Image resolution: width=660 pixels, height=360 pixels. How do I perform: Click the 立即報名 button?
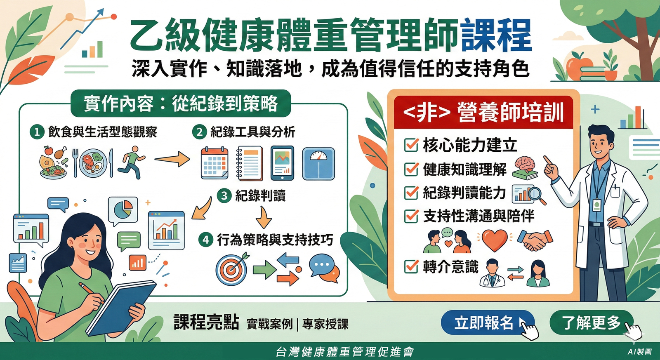pyautogui.click(x=485, y=322)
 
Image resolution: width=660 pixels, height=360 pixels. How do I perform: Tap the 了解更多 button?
pyautogui.click(x=591, y=322)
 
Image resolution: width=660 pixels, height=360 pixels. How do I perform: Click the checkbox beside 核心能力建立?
pyautogui.click(x=411, y=145)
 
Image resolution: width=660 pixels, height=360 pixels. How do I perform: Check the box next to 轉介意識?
pyautogui.click(x=411, y=266)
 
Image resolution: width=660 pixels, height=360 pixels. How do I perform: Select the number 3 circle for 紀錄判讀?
pyautogui.click(x=224, y=195)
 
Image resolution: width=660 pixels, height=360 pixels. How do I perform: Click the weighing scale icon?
pyautogui.click(x=318, y=163)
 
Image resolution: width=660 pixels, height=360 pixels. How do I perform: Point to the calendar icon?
pyautogui.click(x=214, y=163)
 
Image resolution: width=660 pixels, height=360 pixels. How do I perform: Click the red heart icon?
pyautogui.click(x=495, y=240)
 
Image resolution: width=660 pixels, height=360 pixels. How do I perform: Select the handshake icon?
pyautogui.click(x=535, y=240)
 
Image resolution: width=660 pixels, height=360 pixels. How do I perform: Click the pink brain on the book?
pyautogui.click(x=525, y=164)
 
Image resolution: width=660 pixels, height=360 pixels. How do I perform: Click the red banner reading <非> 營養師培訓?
pyautogui.click(x=483, y=113)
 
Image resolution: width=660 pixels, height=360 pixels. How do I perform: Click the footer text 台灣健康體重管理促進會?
pyautogui.click(x=345, y=352)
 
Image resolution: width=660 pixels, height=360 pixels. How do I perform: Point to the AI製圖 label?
pyautogui.click(x=639, y=352)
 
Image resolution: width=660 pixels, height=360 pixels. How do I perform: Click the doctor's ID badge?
pyautogui.click(x=596, y=205)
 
